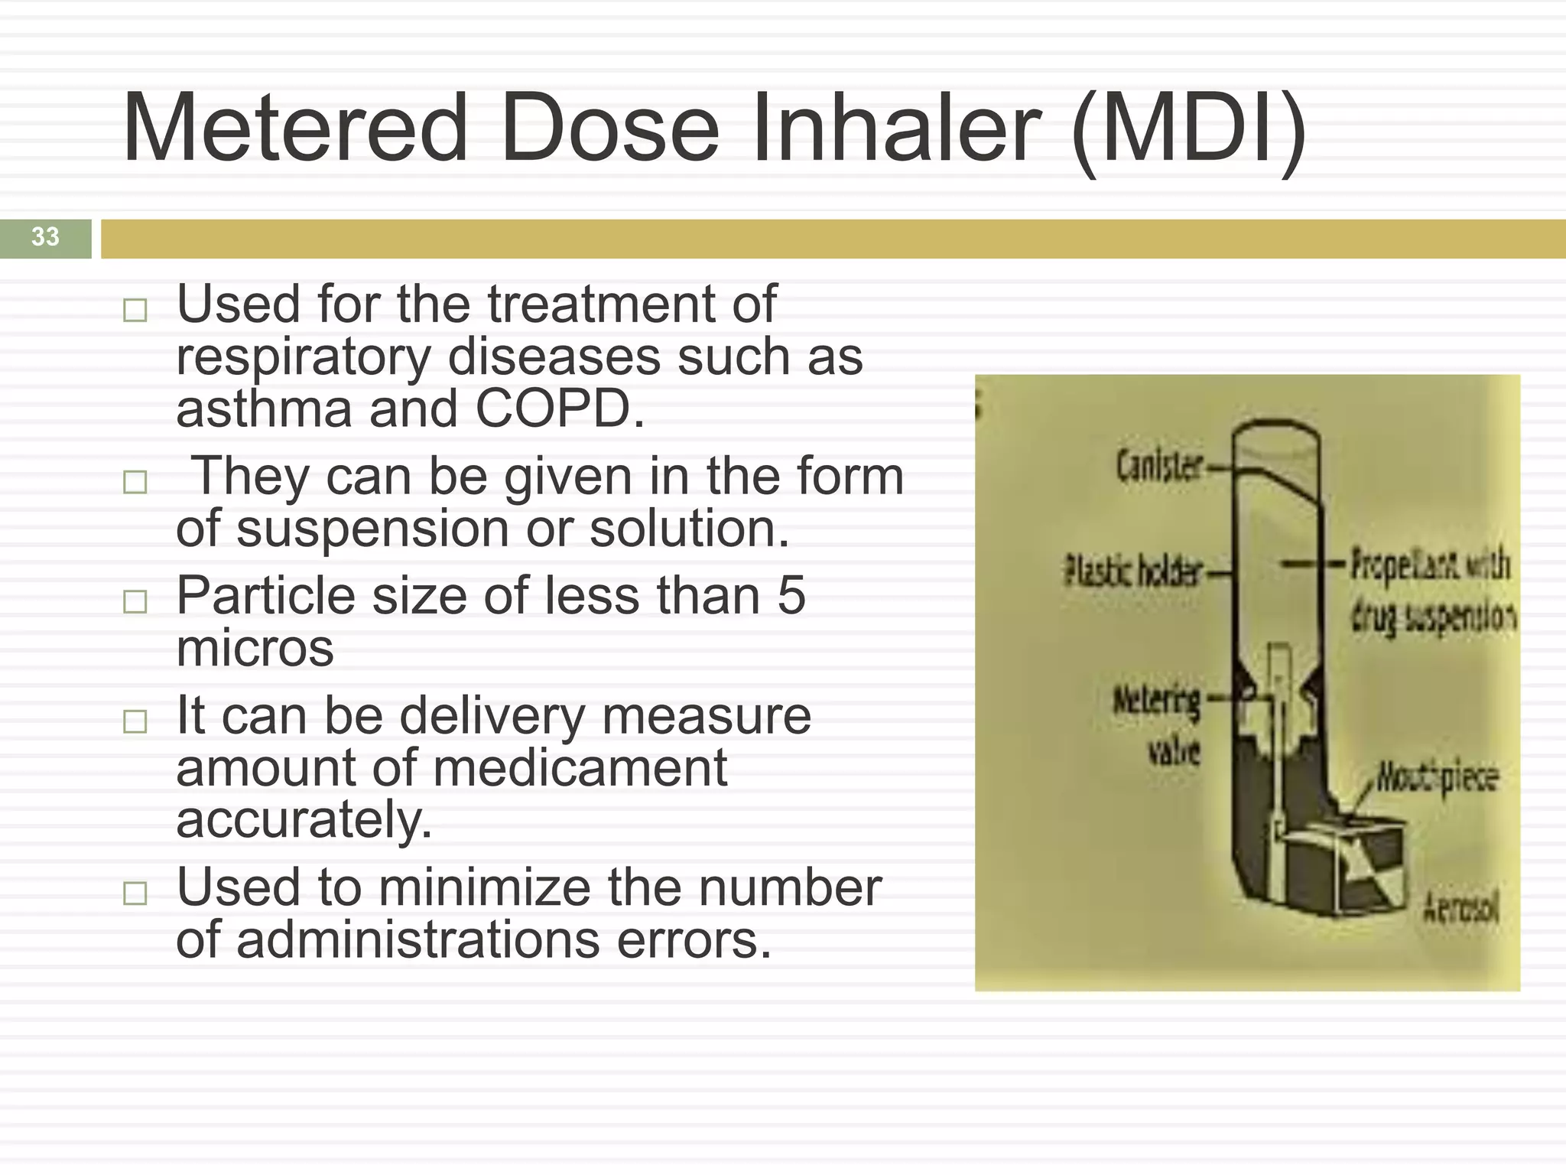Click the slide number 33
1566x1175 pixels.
[x=45, y=237]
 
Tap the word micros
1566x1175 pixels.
[x=255, y=648]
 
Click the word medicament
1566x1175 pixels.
[x=580, y=768]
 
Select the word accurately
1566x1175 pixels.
[x=304, y=820]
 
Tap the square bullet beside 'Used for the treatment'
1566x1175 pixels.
[x=135, y=310]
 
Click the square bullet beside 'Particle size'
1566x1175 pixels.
[x=135, y=601]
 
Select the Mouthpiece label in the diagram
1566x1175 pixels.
[x=1438, y=778]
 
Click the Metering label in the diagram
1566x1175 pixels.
[x=1157, y=700]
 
